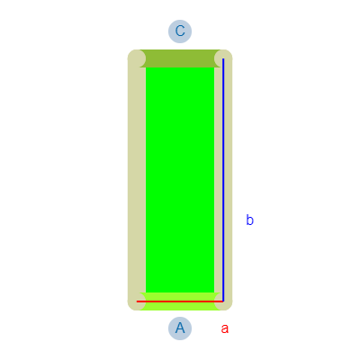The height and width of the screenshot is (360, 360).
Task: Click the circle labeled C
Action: pyautogui.click(x=180, y=31)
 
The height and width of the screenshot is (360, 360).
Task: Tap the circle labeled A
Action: pyautogui.click(x=180, y=328)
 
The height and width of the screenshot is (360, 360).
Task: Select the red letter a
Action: pyautogui.click(x=225, y=328)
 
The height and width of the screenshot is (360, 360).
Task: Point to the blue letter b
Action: pyautogui.click(x=249, y=220)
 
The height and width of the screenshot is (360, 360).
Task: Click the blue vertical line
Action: pyautogui.click(x=223, y=180)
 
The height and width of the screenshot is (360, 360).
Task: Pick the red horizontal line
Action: pyautogui.click(x=180, y=301)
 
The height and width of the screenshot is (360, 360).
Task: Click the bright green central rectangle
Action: pyautogui.click(x=180, y=180)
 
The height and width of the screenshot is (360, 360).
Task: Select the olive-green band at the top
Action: pyautogui.click(x=180, y=58)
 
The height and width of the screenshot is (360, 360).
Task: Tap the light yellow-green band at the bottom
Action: pyautogui.click(x=180, y=301)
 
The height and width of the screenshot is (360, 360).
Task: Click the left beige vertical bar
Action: pyautogui.click(x=137, y=180)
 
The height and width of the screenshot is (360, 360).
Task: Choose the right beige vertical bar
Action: pyautogui.click(x=223, y=180)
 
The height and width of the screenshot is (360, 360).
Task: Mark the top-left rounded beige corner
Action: pyautogui.click(x=137, y=58)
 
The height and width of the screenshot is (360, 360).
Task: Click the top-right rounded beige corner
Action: pyautogui.click(x=223, y=58)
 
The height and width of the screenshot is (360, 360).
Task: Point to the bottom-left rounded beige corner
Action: pyautogui.click(x=137, y=301)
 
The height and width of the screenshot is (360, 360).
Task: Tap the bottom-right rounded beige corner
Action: pyautogui.click(x=223, y=301)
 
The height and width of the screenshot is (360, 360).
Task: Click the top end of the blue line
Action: pyautogui.click(x=223, y=58)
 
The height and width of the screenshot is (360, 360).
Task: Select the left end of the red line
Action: pyautogui.click(x=137, y=301)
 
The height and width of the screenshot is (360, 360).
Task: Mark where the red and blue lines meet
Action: pyautogui.click(x=223, y=301)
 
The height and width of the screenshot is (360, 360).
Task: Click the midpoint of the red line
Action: pyautogui.click(x=180, y=301)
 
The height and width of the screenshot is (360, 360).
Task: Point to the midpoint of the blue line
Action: pyautogui.click(x=223, y=180)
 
